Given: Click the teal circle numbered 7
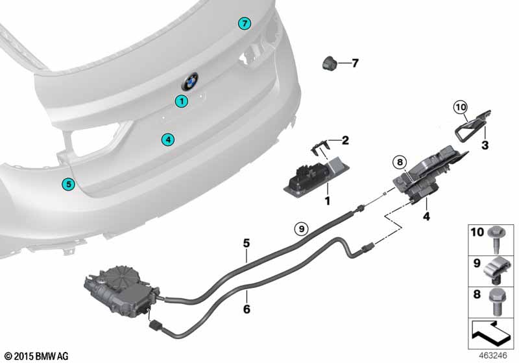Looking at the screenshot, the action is click(245, 23).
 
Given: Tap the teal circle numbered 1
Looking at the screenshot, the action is click(182, 101).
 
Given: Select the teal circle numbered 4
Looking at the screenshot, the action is click(168, 139).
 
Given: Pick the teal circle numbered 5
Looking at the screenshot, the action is click(69, 184).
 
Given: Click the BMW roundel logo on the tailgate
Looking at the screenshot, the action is click(190, 81).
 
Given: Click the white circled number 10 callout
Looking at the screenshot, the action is click(461, 107).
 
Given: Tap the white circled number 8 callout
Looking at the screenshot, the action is click(400, 162).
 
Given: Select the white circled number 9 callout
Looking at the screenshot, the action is click(301, 228).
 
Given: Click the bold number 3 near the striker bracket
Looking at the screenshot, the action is click(485, 145).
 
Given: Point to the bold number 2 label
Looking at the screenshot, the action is click(345, 140).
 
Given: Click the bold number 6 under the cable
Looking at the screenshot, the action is click(247, 309).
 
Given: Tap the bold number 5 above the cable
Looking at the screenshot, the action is click(247, 243).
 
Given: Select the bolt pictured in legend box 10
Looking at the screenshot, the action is click(496, 239).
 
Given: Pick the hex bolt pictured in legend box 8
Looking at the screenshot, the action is click(496, 302).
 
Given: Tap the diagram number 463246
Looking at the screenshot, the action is click(493, 355).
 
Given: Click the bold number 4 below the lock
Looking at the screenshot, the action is click(426, 217).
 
